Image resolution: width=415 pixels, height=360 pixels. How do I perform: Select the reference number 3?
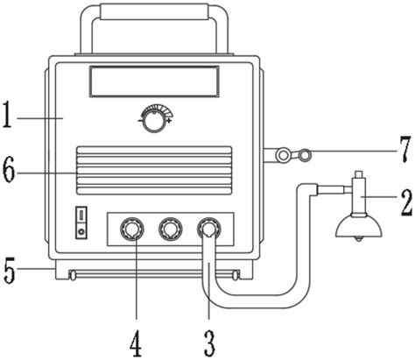pos(209,342)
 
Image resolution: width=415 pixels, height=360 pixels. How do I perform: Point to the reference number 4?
pos(136,343)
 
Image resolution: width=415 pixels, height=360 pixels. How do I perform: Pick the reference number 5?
pos(10,270)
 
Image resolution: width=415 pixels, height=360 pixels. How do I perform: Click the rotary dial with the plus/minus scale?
pos(154,122)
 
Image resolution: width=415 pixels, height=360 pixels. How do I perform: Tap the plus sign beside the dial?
pos(168,120)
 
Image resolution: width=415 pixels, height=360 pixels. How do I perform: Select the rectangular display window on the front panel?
pos(154,81)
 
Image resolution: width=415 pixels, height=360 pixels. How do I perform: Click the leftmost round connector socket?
pos(132,229)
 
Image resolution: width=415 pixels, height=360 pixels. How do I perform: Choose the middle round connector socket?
pos(171,229)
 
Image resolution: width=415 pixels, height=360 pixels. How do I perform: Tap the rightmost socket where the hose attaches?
pos(208,229)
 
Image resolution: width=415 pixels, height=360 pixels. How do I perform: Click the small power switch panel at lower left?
pos(81,222)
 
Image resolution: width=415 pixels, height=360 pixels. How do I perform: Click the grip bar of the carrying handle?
pos(154,12)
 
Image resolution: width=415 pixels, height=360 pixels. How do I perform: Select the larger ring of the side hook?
pos(283,156)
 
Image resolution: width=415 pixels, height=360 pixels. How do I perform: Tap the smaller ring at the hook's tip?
pos(305,155)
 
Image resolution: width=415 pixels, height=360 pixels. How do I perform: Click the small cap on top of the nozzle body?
pos(358,175)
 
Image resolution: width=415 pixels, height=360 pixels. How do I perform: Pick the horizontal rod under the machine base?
pos(154,275)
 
